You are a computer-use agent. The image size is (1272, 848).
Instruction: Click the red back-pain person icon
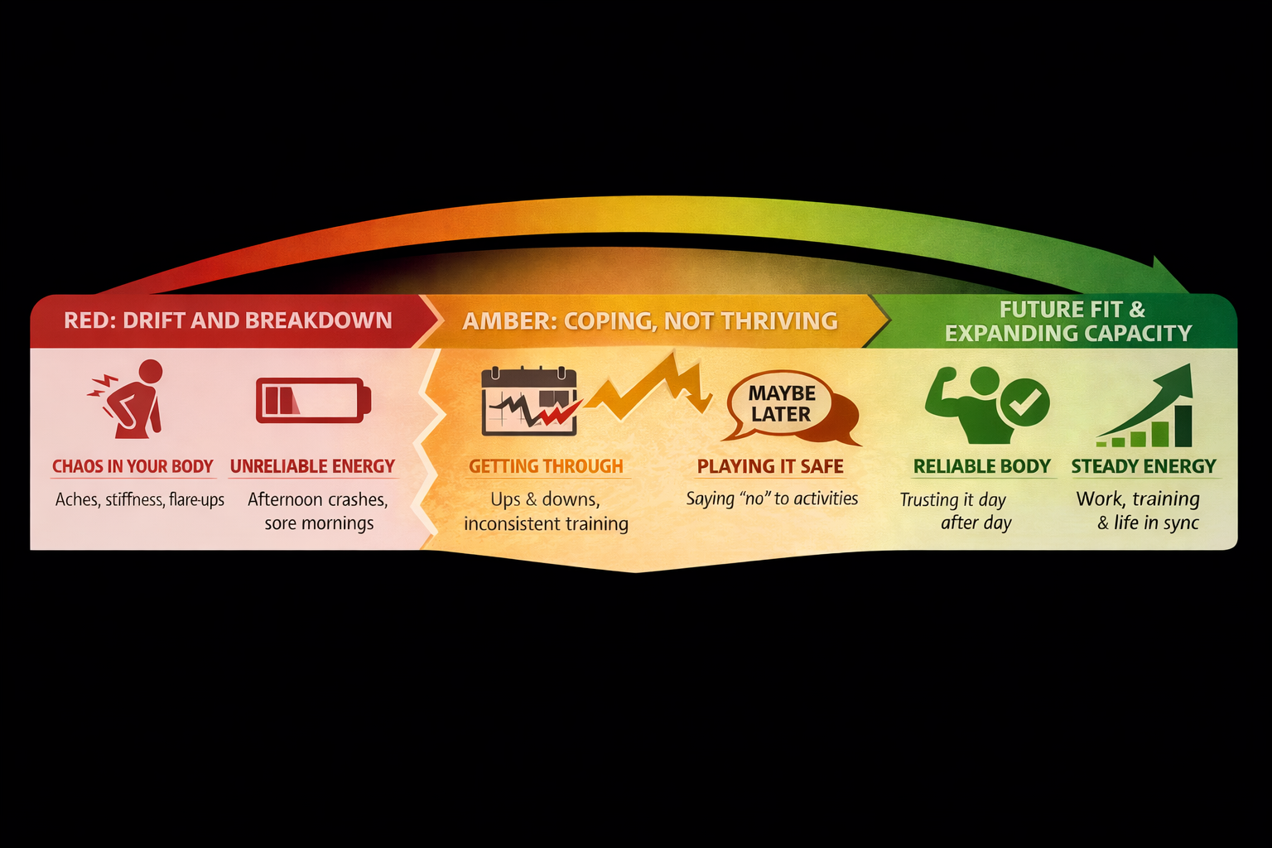(131, 399)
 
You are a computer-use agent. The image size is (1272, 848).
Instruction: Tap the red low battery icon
(313, 401)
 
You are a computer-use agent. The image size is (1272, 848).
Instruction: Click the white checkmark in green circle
(1024, 402)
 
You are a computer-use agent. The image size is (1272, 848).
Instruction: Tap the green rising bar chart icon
(1147, 407)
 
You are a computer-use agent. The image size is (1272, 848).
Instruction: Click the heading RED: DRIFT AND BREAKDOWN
(228, 320)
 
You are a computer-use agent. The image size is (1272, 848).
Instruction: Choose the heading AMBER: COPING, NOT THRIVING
(650, 321)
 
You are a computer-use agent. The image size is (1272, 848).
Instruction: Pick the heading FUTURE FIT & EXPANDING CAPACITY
(1068, 321)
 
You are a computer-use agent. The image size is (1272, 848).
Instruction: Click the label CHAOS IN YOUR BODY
(132, 466)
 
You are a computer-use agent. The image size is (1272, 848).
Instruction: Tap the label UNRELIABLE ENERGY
(312, 466)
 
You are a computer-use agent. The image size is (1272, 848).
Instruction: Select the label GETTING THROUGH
(546, 466)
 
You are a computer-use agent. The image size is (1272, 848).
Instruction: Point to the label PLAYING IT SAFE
(770, 466)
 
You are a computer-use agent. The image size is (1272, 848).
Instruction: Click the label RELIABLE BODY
(981, 466)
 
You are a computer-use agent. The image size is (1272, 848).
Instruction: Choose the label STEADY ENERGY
(1144, 466)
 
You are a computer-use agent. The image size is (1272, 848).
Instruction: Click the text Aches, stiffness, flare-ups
(140, 499)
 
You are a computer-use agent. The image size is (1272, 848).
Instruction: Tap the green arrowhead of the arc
(1169, 277)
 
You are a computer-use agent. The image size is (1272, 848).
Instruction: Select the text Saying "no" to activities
(772, 499)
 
